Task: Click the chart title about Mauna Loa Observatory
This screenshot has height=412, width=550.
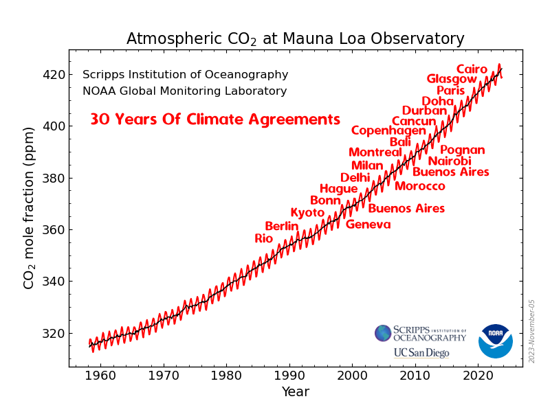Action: tap(295, 39)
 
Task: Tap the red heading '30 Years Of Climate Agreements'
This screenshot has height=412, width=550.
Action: tap(215, 119)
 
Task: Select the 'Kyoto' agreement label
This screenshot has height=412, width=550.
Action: tap(307, 213)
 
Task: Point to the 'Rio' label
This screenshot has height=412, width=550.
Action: tap(264, 238)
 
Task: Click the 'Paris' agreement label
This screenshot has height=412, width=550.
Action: tap(450, 91)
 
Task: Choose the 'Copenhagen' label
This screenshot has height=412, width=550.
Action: tap(388, 130)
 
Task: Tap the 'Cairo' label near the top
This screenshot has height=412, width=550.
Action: tap(472, 69)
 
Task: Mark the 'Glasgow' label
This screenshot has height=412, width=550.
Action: tap(452, 79)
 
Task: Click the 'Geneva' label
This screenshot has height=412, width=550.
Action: tap(368, 225)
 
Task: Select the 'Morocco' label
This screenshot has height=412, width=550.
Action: tap(419, 186)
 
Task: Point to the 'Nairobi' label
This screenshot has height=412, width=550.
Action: tap(450, 161)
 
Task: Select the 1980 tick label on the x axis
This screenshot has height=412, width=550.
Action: tap(226, 376)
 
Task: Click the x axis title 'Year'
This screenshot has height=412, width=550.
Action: tap(295, 392)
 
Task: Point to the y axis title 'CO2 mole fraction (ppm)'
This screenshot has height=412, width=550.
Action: tap(29, 207)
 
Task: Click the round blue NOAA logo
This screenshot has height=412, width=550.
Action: tap(496, 341)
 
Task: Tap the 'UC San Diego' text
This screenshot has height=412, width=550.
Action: tap(421, 353)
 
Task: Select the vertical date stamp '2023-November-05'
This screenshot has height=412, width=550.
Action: tap(531, 331)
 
